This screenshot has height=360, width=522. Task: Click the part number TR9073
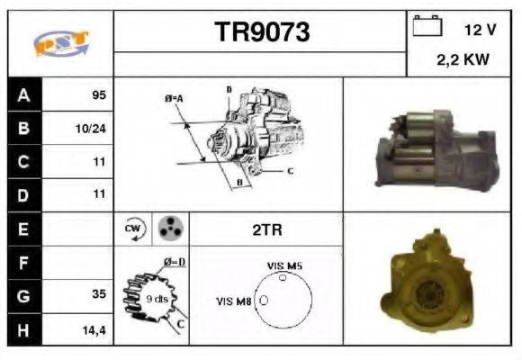[261, 32]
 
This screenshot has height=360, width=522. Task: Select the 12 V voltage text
[480, 30]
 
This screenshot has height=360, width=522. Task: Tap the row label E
[23, 229]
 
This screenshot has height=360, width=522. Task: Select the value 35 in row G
[98, 294]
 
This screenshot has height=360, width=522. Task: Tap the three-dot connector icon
[168, 229]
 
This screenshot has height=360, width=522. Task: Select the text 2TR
[266, 229]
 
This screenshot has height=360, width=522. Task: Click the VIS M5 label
[285, 266]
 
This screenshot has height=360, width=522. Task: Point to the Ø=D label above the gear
[174, 262]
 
